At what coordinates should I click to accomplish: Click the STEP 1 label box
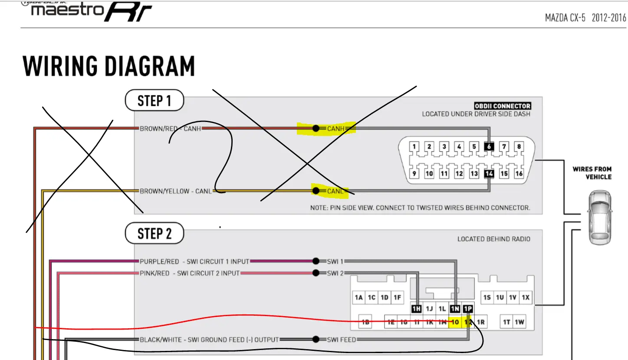click(x=155, y=101)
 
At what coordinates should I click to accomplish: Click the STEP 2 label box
click(x=155, y=234)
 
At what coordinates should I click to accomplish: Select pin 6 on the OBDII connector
click(x=489, y=146)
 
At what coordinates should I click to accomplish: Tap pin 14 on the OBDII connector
click(x=489, y=174)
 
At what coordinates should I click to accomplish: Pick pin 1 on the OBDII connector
click(x=414, y=146)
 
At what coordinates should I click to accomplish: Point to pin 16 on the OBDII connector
click(x=519, y=174)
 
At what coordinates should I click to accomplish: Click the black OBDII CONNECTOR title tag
click(x=502, y=106)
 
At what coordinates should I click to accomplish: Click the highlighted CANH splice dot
click(x=316, y=129)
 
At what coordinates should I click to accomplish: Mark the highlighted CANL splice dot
click(x=316, y=191)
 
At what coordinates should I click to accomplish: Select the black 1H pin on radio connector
click(x=417, y=309)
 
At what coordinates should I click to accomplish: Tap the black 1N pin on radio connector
click(x=455, y=309)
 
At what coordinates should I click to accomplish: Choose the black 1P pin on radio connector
click(x=468, y=309)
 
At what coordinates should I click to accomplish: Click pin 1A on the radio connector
click(x=358, y=297)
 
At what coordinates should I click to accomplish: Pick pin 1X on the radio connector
click(x=526, y=297)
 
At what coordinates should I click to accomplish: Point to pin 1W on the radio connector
click(x=519, y=322)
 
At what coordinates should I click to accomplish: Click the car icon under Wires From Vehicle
click(x=599, y=218)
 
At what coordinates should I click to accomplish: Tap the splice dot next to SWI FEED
click(x=316, y=339)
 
